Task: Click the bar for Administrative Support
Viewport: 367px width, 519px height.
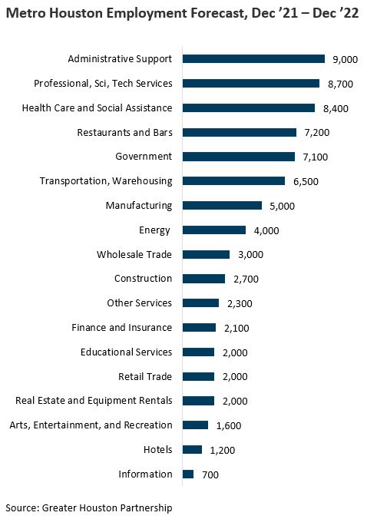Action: click(x=254, y=59)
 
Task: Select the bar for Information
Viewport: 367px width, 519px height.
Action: click(x=188, y=474)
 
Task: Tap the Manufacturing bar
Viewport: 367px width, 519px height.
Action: click(x=223, y=206)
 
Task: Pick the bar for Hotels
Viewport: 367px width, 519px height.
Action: click(x=193, y=450)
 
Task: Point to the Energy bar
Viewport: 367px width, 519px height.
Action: click(x=214, y=230)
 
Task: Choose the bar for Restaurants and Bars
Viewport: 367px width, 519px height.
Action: click(x=240, y=132)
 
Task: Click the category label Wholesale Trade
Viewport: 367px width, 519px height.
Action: click(x=134, y=254)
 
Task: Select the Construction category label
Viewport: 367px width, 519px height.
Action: click(x=143, y=279)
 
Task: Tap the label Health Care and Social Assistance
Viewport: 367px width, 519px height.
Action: click(x=97, y=107)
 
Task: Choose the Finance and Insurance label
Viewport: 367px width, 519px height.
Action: click(x=121, y=328)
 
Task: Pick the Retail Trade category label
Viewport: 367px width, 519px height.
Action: click(x=145, y=376)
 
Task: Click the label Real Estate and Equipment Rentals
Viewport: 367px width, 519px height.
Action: click(x=94, y=401)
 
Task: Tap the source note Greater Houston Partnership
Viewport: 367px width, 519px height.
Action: click(x=108, y=507)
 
